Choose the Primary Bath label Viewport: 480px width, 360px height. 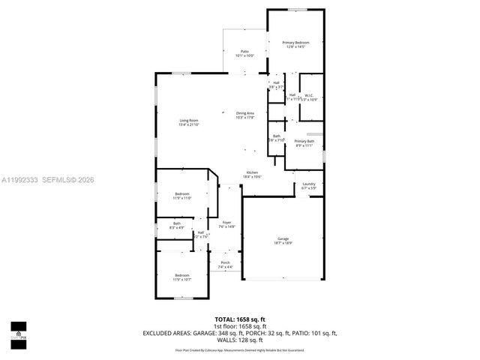[304, 143]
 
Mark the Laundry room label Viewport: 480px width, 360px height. [308, 185]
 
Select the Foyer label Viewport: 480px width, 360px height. [226, 224]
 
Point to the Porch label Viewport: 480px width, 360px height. [225, 265]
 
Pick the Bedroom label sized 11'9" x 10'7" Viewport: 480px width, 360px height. [182, 277]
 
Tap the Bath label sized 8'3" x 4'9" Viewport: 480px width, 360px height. [177, 224]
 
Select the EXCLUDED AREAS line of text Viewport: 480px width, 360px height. [240, 333]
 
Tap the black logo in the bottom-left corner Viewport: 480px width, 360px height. [18, 330]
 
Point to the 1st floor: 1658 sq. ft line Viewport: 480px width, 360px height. [240, 327]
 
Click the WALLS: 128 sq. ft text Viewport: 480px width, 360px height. [240, 340]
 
